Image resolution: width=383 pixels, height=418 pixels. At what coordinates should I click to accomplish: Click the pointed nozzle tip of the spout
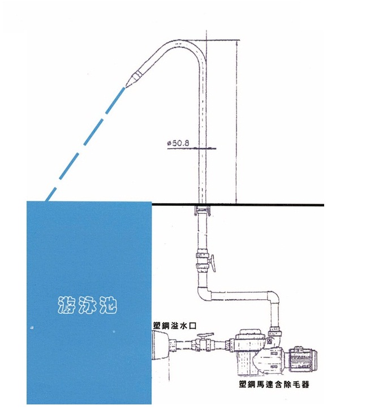point(125,87)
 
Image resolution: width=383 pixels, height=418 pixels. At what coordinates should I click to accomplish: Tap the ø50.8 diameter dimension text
point(178,143)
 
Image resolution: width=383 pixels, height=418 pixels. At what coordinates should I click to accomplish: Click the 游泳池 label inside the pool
point(88,305)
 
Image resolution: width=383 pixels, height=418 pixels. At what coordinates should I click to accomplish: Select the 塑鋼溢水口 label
point(175,326)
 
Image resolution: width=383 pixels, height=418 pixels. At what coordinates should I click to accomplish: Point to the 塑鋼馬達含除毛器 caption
point(274,385)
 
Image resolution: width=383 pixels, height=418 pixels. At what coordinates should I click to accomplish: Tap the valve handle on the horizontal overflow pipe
point(205,335)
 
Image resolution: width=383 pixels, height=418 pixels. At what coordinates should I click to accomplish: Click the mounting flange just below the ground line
point(203,210)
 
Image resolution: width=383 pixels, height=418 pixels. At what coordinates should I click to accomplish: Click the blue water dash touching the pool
point(51,195)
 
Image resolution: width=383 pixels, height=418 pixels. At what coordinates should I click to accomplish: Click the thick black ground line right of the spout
point(238,205)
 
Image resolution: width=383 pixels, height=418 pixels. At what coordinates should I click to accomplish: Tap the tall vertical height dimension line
point(237,122)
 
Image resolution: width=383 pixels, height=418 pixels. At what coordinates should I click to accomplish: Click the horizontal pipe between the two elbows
point(239,296)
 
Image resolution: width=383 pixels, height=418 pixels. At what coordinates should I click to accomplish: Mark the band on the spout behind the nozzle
point(138,74)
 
